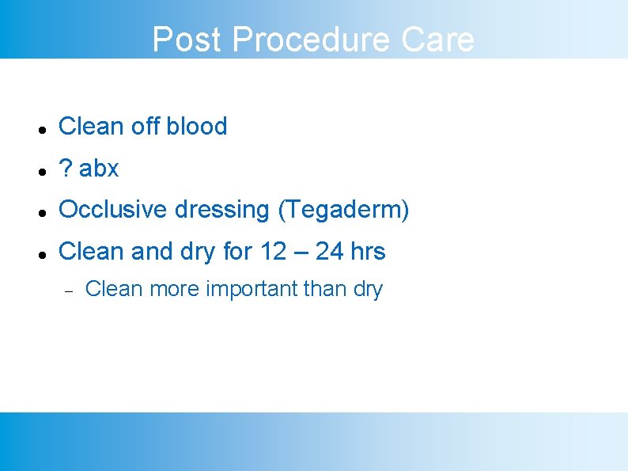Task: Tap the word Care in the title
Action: (x=438, y=40)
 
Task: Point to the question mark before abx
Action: (x=66, y=168)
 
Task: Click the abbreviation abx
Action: (x=99, y=168)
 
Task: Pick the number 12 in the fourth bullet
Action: (x=273, y=252)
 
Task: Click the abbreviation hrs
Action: (x=368, y=252)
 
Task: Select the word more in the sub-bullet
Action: (x=175, y=289)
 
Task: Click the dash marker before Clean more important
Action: (x=69, y=291)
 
